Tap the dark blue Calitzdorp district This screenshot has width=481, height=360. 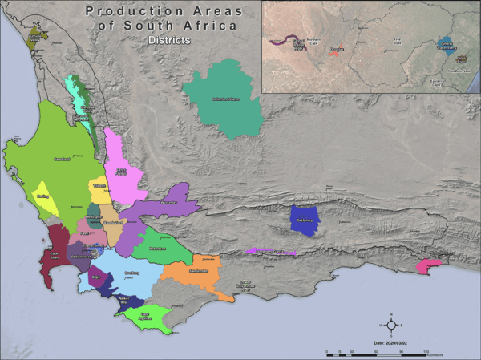point(305,220)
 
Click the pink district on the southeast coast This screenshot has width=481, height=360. point(430,265)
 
